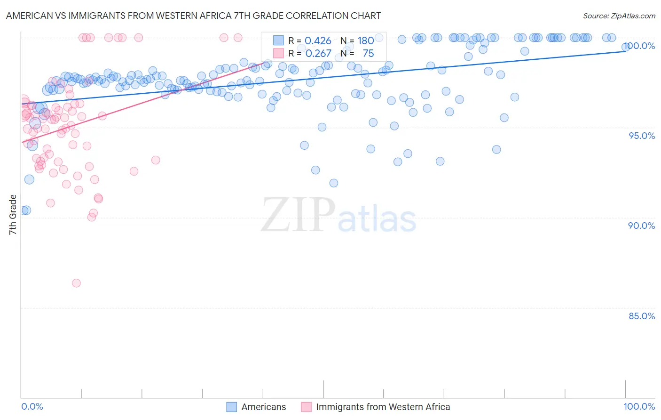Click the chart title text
(x=193, y=16)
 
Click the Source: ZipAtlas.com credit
(x=619, y=16)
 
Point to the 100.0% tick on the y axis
(x=640, y=46)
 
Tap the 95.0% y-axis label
(x=642, y=136)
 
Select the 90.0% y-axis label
(x=642, y=226)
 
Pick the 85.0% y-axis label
(x=642, y=316)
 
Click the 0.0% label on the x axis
(x=32, y=406)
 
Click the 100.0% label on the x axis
(x=639, y=406)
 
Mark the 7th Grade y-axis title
(x=13, y=215)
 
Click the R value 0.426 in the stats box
(x=318, y=41)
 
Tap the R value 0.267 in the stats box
(x=318, y=54)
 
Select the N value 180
(x=366, y=41)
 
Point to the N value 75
(x=368, y=54)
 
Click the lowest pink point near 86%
(x=76, y=283)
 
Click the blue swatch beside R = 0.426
(x=279, y=40)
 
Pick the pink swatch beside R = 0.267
(x=279, y=53)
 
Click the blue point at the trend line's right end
(x=626, y=47)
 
